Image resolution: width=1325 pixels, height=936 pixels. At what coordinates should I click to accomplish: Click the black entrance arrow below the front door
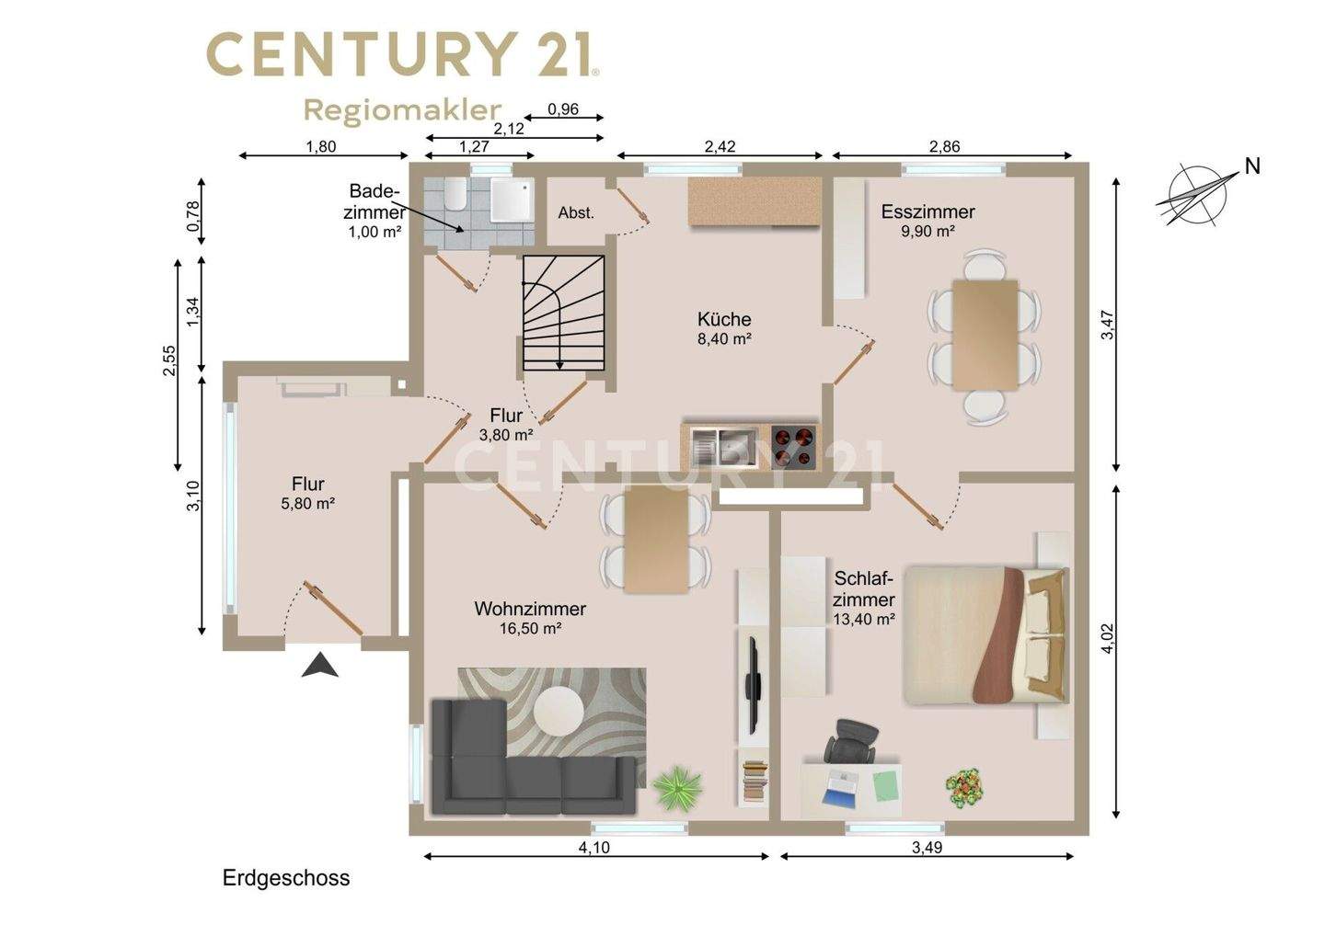click(320, 666)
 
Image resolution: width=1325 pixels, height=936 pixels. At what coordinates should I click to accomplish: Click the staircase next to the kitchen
click(563, 313)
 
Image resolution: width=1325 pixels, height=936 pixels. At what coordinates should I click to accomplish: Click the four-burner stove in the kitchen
click(794, 447)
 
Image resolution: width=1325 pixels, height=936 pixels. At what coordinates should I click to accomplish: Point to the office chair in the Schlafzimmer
click(851, 740)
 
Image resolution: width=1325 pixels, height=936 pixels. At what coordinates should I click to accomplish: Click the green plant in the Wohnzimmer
click(676, 787)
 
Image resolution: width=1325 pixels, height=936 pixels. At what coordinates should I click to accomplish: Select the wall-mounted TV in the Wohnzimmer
click(753, 686)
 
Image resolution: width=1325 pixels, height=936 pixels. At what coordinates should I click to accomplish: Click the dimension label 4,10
click(593, 848)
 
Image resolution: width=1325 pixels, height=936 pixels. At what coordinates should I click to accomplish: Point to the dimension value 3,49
click(927, 848)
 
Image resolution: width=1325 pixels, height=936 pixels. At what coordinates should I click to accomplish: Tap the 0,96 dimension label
click(563, 109)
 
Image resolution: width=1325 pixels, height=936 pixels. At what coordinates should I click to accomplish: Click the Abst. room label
click(576, 212)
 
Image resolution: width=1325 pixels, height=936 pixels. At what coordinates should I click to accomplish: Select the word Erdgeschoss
click(286, 878)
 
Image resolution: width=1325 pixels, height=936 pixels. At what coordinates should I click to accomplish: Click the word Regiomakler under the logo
click(403, 110)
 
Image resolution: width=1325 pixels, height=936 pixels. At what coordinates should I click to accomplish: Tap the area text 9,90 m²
click(928, 231)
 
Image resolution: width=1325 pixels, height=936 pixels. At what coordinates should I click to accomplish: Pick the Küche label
click(724, 319)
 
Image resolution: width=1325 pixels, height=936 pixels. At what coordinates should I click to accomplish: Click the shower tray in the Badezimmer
click(513, 200)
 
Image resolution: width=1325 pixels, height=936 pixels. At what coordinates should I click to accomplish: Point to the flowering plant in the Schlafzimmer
click(963, 788)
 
